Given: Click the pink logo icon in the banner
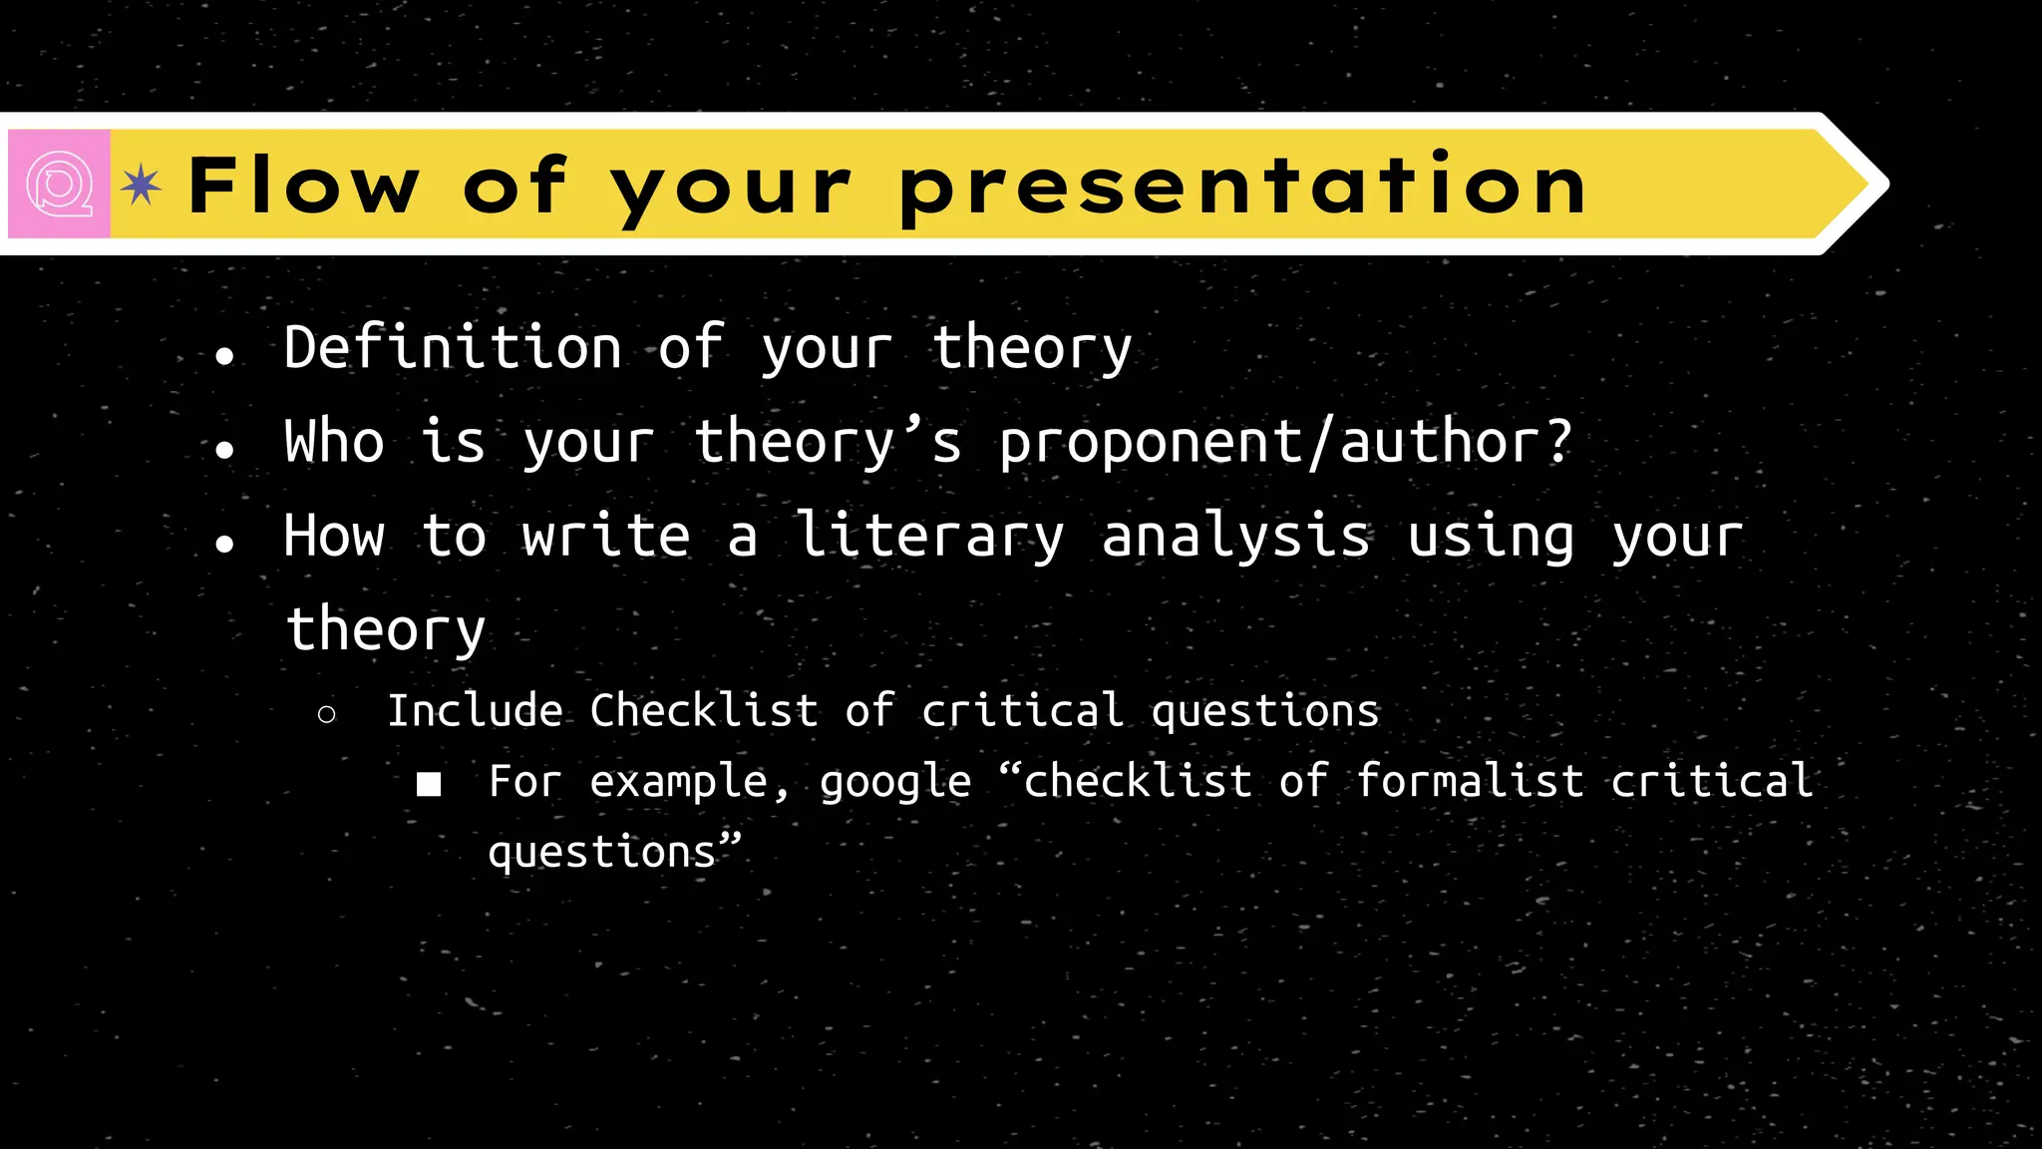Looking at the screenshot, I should coord(59,184).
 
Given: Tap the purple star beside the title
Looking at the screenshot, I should coord(141,185).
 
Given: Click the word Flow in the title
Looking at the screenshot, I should coord(303,186).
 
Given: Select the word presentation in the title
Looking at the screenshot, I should coord(1241,186).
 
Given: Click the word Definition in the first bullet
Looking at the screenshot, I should coord(452,348).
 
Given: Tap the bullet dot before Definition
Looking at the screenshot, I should coord(224,356).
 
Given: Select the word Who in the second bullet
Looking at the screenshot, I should coord(333,442).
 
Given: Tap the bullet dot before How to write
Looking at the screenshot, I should coord(224,544).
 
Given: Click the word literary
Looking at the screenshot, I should coord(929,536).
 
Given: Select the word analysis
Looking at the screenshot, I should coord(1235,536).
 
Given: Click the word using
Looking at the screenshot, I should coord(1491,536).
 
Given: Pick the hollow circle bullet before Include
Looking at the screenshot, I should coord(326,714).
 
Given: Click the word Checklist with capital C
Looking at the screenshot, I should coord(703,711).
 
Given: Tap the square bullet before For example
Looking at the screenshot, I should coord(429,785).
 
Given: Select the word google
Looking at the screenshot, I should coord(894,782).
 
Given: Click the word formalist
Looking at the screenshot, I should coord(1470,781).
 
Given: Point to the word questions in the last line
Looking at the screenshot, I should coord(601,853).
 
